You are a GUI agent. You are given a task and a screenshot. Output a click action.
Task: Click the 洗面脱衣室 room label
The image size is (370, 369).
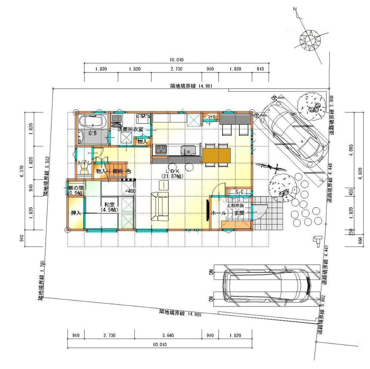tap(130, 130)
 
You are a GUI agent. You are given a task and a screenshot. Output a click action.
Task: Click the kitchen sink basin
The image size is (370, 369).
tap(188, 150)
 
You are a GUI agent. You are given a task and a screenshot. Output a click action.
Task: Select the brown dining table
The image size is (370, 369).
tap(217, 155)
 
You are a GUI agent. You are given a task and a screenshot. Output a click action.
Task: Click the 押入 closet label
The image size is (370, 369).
tap(76, 214)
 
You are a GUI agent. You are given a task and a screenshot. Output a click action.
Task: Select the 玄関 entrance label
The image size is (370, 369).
tap(239, 213)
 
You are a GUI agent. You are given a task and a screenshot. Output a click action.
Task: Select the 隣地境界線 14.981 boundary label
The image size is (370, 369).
tap(189, 86)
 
